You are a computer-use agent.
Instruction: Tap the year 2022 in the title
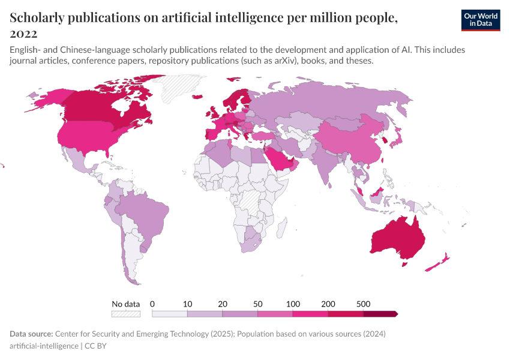23,34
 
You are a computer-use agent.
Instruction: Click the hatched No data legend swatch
126,313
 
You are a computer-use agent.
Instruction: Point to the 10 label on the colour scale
187,304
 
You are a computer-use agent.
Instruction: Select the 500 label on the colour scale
363,304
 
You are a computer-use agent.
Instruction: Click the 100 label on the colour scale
293,304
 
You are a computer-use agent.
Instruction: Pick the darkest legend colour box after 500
380,313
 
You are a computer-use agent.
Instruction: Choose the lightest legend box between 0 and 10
170,313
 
